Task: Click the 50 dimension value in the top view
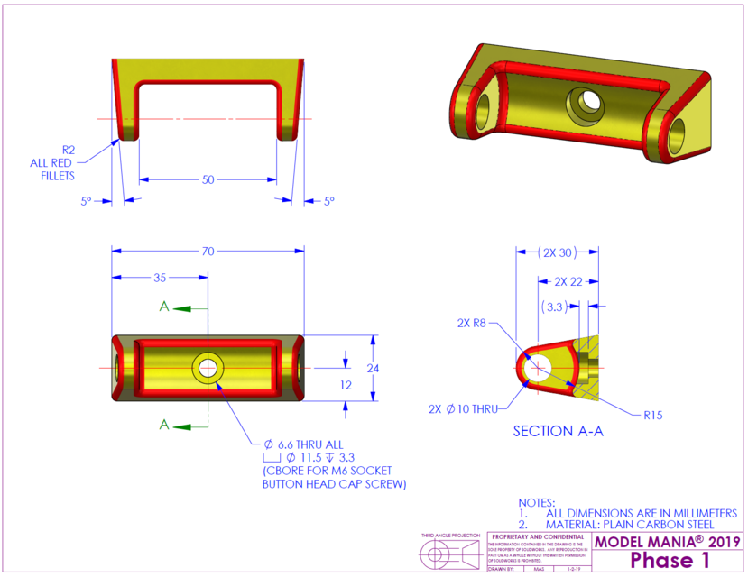208,179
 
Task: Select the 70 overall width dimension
208,252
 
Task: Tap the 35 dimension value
159,278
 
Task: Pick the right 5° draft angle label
329,201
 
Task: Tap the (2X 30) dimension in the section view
558,253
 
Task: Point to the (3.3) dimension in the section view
557,307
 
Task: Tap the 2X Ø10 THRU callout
464,408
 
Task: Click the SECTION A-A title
558,432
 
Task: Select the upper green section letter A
163,307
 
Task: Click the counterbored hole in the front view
208,367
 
